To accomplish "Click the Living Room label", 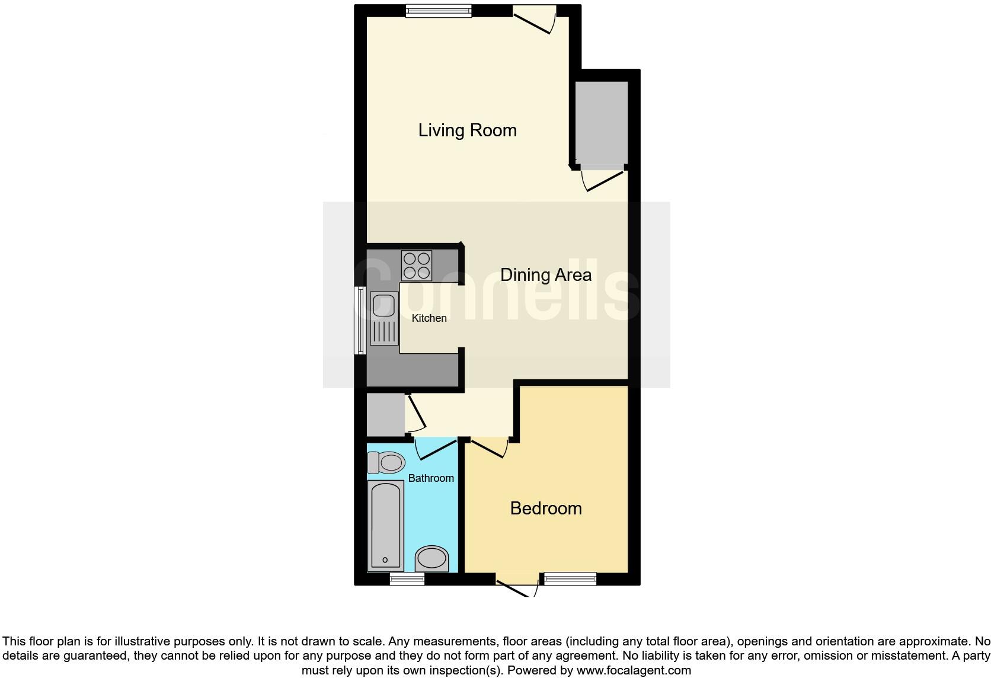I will tap(467, 130).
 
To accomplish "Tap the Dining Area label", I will tap(545, 275).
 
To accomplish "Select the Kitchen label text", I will tap(429, 318).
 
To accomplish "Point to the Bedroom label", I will tap(546, 509).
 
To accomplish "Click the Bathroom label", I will tap(431, 478).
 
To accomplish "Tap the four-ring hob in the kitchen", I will tap(417, 266).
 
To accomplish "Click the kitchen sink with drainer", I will tap(383, 318).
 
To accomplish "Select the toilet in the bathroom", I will tap(386, 462).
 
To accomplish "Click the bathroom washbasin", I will tap(431, 559).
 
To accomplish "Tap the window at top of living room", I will tap(439, 11).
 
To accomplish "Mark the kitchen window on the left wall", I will tap(360, 321).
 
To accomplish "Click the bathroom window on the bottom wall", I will tap(407, 579).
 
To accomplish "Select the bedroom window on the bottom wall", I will tap(570, 578).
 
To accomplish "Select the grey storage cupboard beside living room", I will tap(601, 122).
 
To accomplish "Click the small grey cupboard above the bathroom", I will tap(385, 414).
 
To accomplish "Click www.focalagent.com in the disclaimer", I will tap(634, 671).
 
